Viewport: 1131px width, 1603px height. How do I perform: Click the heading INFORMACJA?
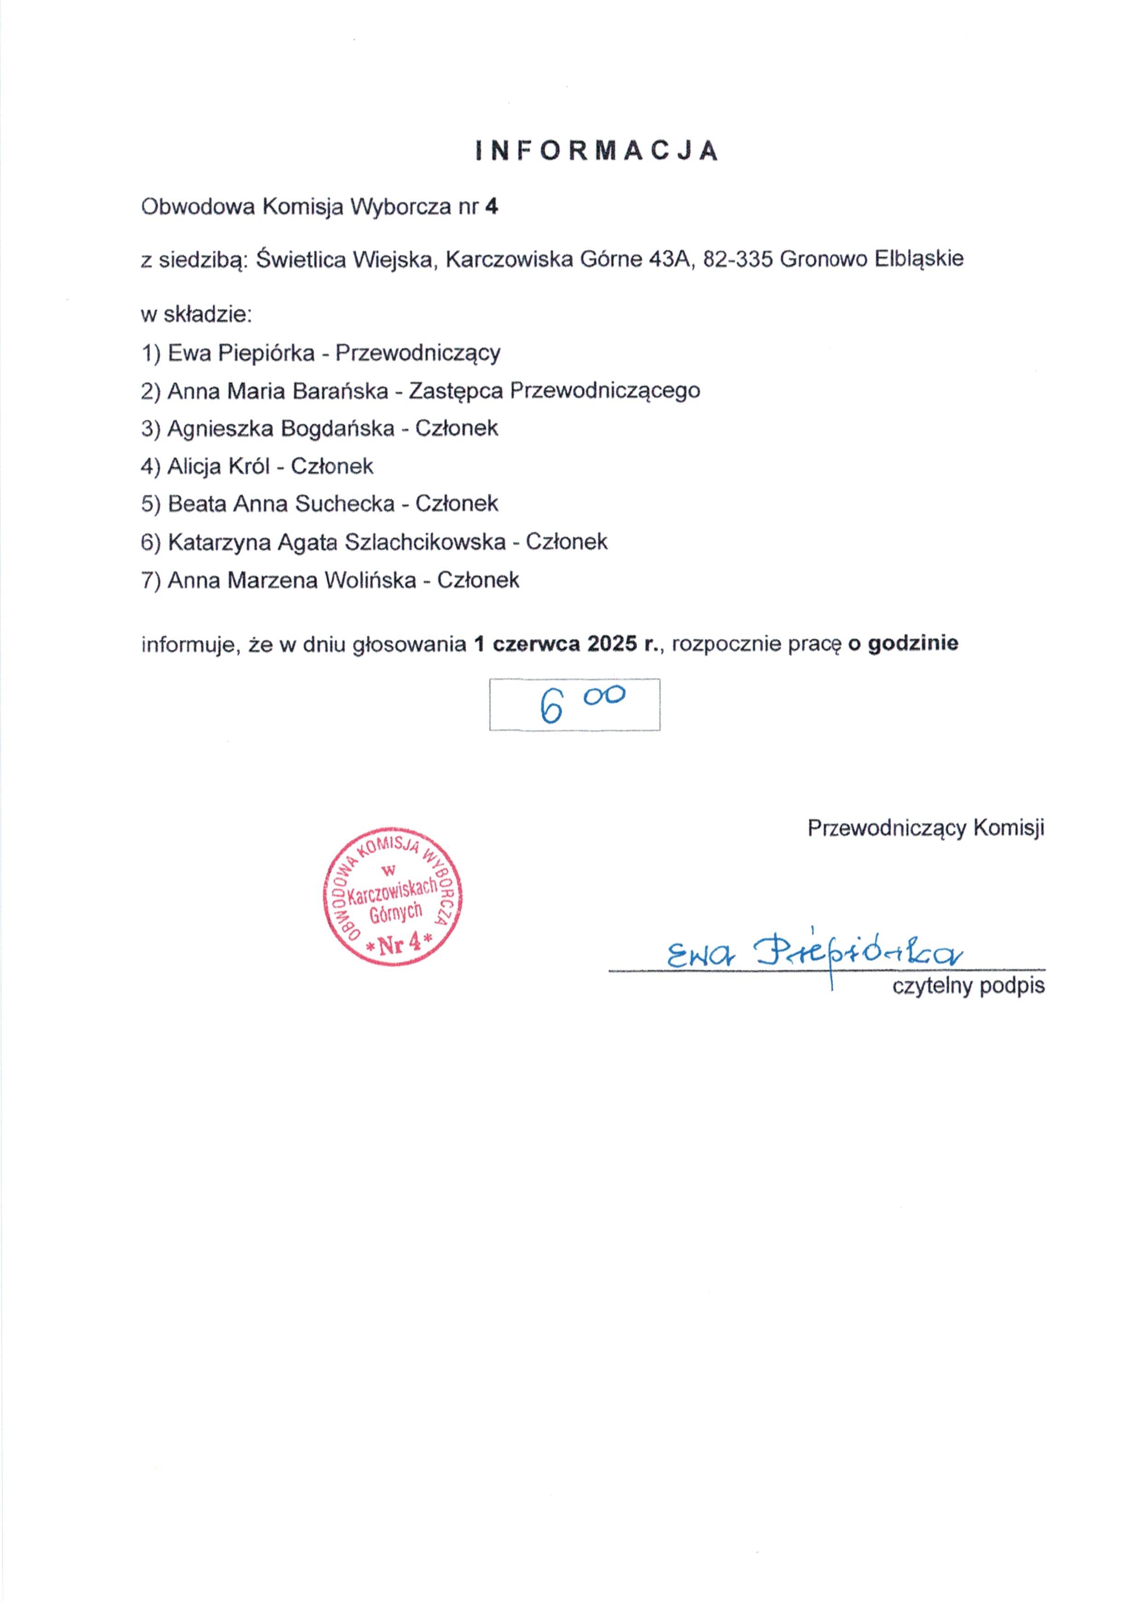[x=597, y=151]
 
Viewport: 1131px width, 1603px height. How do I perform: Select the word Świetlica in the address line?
[x=301, y=259]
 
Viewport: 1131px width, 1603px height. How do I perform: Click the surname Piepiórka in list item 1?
[x=266, y=353]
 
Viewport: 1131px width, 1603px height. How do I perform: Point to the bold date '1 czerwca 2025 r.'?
[x=566, y=643]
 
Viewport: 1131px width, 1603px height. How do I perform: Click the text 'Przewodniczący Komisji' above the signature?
[x=926, y=828]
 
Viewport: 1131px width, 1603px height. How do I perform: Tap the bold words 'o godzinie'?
[x=903, y=643]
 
